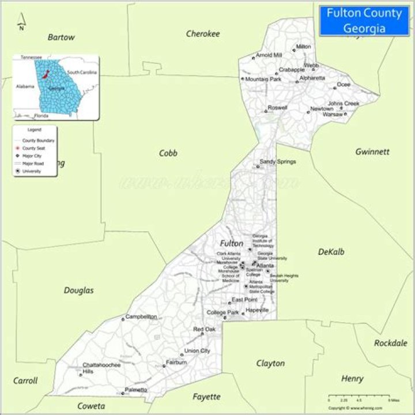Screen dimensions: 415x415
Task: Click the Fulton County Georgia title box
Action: point(364,20)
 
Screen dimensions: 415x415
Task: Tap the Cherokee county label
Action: point(203,34)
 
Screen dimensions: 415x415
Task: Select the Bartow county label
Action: point(61,37)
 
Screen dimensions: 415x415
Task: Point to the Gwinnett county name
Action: point(372,152)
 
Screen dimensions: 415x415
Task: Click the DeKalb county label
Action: point(331,252)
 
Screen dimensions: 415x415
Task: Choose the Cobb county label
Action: point(168,153)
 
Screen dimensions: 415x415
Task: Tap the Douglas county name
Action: point(79,290)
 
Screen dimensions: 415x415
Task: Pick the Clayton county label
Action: point(270,363)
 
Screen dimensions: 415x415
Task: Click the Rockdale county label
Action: point(391,343)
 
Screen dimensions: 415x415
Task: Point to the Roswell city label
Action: point(277,108)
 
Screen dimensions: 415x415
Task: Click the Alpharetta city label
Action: point(312,78)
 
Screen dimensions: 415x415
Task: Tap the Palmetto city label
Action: point(136,390)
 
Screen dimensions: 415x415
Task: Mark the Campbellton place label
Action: point(141,316)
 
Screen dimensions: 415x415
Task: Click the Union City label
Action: point(197,351)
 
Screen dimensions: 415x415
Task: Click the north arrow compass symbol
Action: point(21,22)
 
